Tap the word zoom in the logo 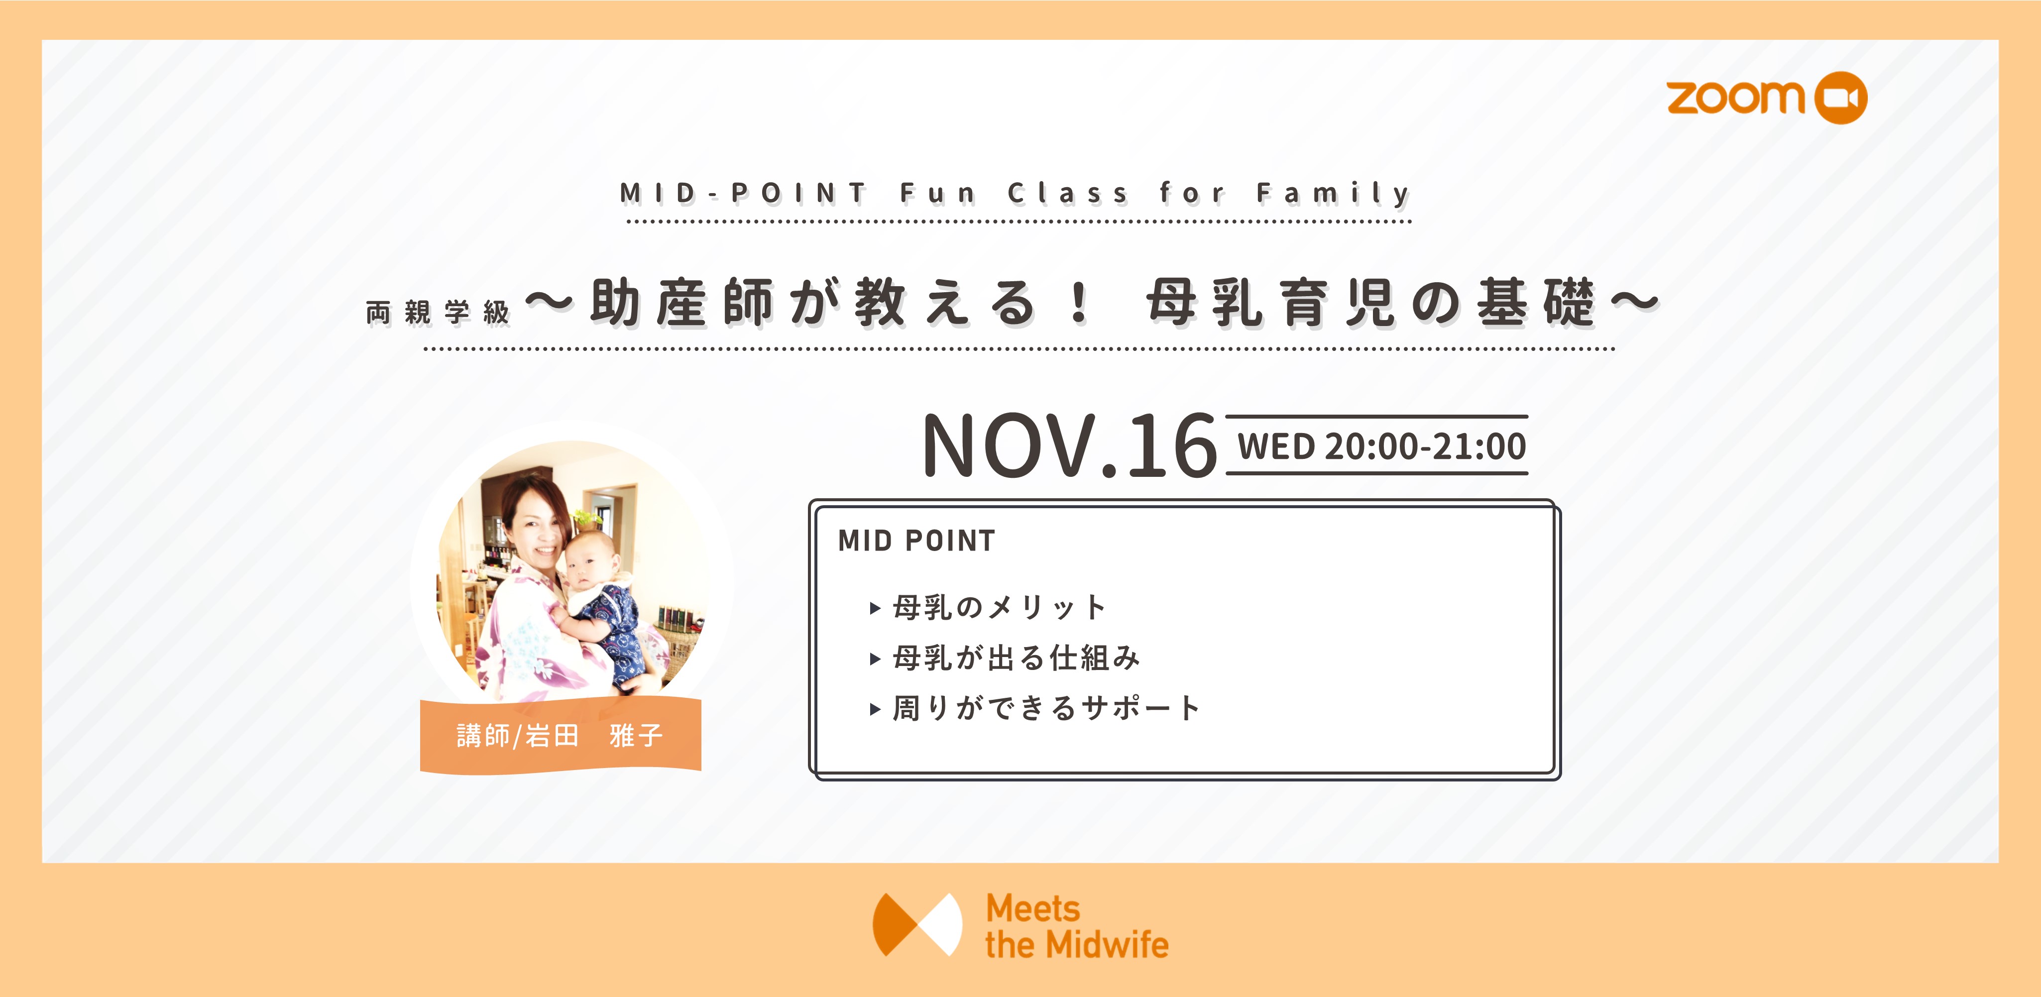coord(1736,98)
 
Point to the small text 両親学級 coord(438,312)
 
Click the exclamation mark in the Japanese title coord(1078,303)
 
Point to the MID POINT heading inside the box coord(916,541)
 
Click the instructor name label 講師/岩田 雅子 coord(560,736)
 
